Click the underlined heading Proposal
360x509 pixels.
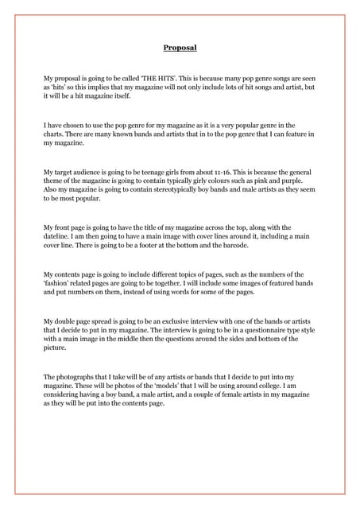180,48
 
